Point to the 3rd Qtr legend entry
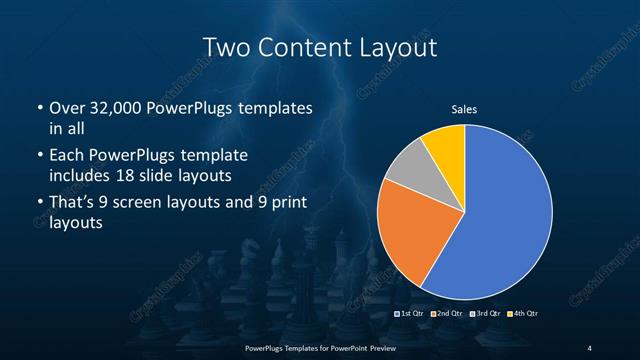tap(487, 314)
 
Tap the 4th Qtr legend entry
tap(524, 314)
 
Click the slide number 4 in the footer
tap(590, 347)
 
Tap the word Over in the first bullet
tap(68, 107)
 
